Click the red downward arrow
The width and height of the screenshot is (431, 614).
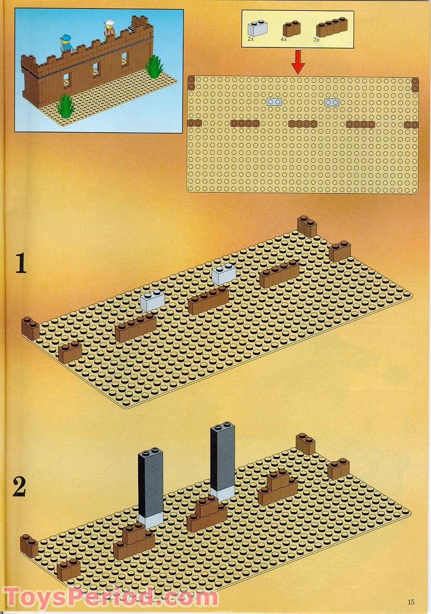point(298,62)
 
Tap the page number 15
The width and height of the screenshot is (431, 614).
point(411,602)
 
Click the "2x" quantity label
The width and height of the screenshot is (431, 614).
point(251,39)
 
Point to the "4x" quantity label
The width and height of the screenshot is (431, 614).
point(284,39)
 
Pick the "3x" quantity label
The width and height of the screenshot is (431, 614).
point(317,39)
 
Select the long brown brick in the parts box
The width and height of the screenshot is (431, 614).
point(332,27)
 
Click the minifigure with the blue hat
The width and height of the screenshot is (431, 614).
point(66,42)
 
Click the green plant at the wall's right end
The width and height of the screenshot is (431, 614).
point(154,66)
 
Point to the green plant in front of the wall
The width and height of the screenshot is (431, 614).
point(65,105)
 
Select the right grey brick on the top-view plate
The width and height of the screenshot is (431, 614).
point(332,102)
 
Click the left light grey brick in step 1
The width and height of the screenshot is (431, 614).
point(152,301)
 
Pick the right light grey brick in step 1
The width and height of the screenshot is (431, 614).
point(223,274)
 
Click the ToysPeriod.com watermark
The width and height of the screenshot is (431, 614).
point(111,598)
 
